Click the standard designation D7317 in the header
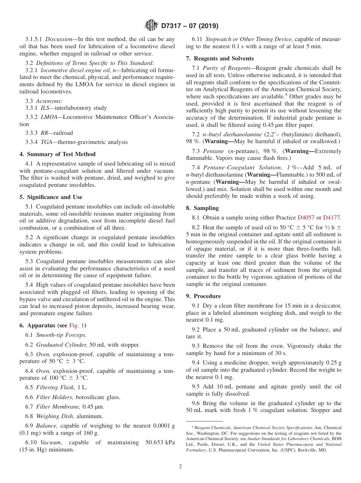tap(173, 26)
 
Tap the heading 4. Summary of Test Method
tap(57, 154)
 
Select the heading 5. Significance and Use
tap(51, 197)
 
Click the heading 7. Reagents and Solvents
tap(220, 58)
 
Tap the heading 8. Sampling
tap(202, 208)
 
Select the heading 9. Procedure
tap(203, 296)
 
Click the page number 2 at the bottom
tap(180, 466)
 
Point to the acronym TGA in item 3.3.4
tap(46, 142)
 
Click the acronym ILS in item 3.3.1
tap(45, 108)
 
